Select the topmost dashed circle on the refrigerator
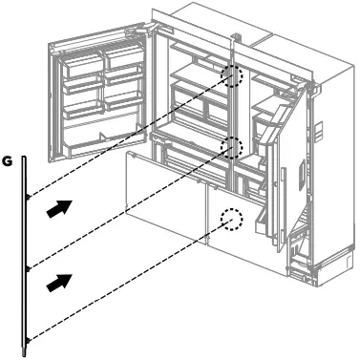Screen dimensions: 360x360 pos(232,76)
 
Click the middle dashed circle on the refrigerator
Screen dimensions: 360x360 pos(231,146)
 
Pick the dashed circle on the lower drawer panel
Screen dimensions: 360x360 pos(231,221)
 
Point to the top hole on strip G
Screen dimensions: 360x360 pos(28,199)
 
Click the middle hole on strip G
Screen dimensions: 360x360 pos(28,267)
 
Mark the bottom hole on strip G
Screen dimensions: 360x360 pos(28,339)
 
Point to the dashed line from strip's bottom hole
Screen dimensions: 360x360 pos(124,281)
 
